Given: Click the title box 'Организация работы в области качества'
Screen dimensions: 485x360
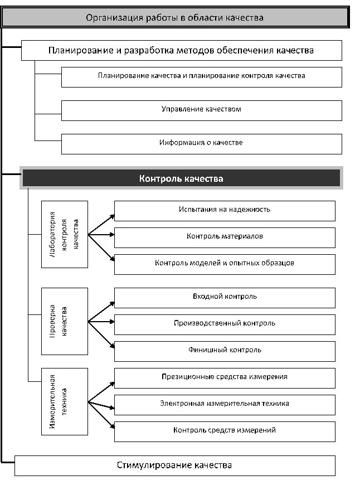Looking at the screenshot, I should click(x=174, y=18).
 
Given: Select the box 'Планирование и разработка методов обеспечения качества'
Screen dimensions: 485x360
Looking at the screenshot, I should click(x=181, y=50).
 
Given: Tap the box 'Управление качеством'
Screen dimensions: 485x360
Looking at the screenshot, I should click(x=201, y=110).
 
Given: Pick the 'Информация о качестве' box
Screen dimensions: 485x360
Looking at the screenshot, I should click(x=201, y=143).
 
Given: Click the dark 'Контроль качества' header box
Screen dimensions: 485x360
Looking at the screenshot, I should click(x=181, y=178).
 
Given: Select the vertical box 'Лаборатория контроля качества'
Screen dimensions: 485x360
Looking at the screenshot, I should click(x=65, y=234).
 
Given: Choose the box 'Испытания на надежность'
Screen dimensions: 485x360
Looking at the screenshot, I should click(x=225, y=210).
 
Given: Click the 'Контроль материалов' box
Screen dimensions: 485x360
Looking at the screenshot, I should click(x=225, y=237).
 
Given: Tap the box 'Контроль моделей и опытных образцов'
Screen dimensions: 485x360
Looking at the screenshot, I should click(x=225, y=264).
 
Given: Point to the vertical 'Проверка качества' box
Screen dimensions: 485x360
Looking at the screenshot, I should click(x=65, y=321).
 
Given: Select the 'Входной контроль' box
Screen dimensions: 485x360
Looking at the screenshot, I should click(x=225, y=297).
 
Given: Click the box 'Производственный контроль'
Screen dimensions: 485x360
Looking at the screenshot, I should click(x=225, y=324).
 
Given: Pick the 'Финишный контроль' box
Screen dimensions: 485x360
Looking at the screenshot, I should click(x=225, y=351).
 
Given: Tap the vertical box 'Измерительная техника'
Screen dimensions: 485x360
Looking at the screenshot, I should click(x=65, y=401).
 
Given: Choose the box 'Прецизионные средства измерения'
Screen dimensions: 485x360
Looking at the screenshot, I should click(x=225, y=377).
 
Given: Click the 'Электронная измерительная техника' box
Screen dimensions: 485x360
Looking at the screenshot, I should click(x=225, y=404).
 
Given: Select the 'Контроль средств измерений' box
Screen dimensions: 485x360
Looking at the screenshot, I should click(x=225, y=431).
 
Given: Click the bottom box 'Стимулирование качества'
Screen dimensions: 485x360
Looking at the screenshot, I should click(x=174, y=465).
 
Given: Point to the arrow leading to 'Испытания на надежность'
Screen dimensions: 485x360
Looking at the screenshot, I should click(x=101, y=224).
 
